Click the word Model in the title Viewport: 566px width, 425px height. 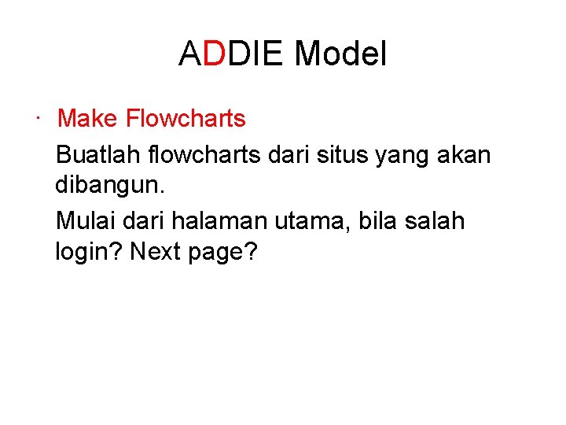pyautogui.click(x=340, y=54)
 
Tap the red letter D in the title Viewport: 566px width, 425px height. pyautogui.click(x=214, y=54)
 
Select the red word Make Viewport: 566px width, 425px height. pyautogui.click(x=88, y=119)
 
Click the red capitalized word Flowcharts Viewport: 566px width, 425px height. pyautogui.click(x=186, y=119)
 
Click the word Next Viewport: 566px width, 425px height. pyautogui.click(x=156, y=253)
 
